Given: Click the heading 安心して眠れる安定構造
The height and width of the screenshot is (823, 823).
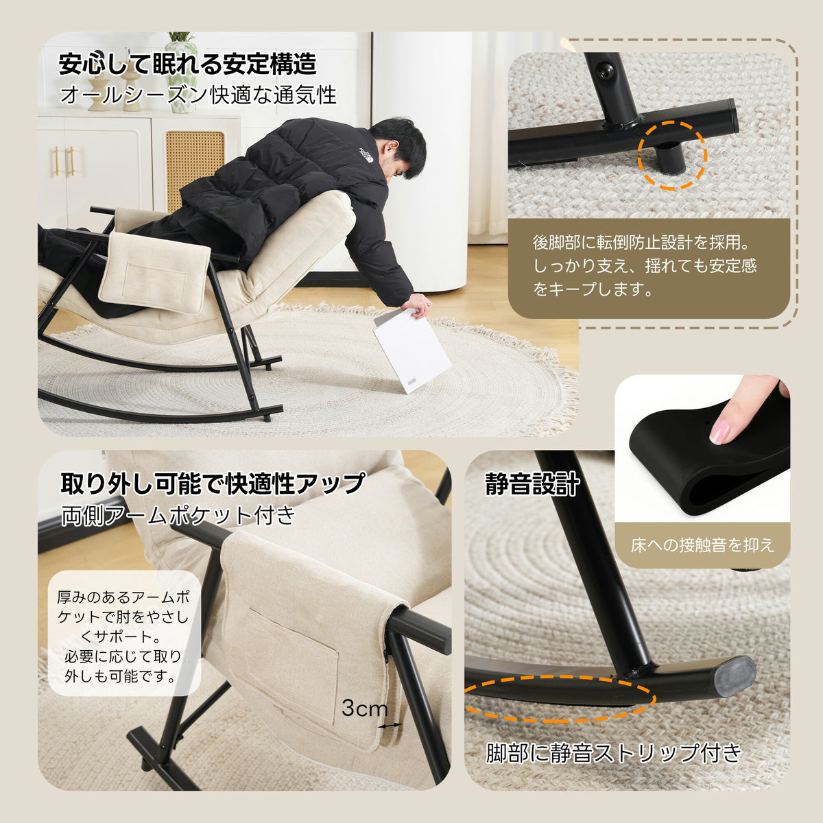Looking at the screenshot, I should click(187, 64).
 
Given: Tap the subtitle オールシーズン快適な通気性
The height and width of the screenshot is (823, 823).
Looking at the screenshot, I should click(198, 95).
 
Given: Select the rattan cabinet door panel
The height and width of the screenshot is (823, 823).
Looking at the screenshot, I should click(195, 165).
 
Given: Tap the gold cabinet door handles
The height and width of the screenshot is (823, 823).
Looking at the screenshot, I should click(63, 160).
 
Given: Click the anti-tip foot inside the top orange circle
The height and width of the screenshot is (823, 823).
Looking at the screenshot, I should click(671, 156).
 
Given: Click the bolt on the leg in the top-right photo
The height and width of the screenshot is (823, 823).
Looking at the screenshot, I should click(605, 71).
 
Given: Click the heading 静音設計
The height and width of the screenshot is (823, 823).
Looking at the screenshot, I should click(532, 485).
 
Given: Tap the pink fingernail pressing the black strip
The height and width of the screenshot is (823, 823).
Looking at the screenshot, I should click(719, 432).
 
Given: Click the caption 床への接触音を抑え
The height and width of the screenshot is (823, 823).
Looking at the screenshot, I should click(702, 545).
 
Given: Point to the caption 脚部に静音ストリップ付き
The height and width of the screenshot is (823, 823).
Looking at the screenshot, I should click(614, 752).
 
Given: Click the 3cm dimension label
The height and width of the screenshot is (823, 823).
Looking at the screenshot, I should click(364, 708).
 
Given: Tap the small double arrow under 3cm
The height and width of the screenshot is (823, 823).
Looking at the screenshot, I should click(390, 725).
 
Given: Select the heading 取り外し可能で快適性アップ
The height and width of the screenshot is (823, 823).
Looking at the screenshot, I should click(213, 484).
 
